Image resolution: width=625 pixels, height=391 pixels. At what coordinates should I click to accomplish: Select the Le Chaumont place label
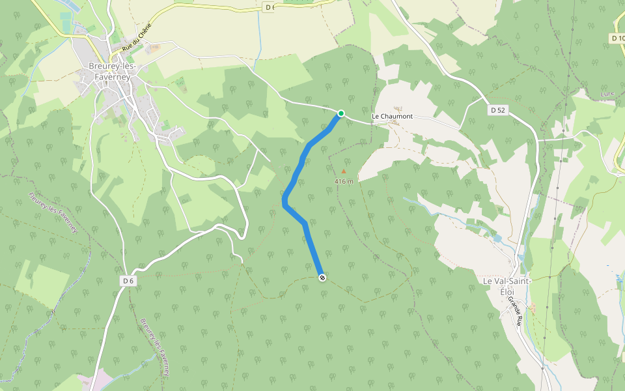tap(392, 116)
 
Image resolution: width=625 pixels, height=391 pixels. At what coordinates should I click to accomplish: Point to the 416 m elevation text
tap(344, 181)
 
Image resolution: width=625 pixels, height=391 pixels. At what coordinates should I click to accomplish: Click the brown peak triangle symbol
tap(344, 171)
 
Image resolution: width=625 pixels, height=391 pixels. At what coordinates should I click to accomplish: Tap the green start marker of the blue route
tap(340, 113)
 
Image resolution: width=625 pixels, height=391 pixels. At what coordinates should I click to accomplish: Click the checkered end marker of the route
tap(322, 278)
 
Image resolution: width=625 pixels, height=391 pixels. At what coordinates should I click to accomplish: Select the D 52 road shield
tap(497, 110)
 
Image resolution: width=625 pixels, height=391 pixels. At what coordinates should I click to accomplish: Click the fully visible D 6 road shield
tap(128, 280)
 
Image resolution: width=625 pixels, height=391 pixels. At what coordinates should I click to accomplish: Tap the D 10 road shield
tap(619, 39)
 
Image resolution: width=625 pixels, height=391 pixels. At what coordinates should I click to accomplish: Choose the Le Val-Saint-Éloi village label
tap(507, 285)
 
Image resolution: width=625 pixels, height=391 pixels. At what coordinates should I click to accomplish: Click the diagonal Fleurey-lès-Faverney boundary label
tap(53, 212)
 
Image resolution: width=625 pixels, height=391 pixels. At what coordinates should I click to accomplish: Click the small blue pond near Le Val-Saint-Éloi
tap(498, 239)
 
